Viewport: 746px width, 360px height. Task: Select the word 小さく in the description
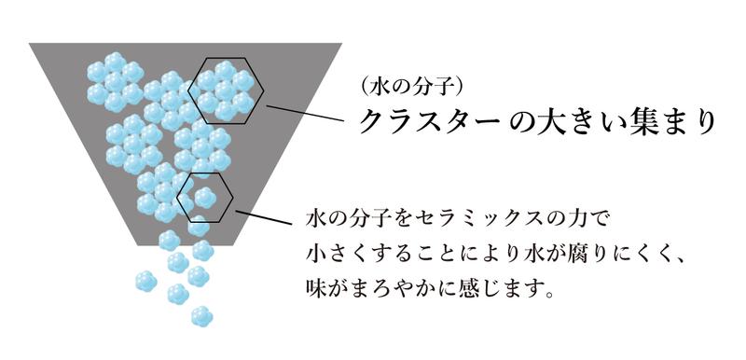(334, 253)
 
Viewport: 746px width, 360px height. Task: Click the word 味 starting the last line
(315, 283)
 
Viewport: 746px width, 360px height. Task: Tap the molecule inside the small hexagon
(204, 197)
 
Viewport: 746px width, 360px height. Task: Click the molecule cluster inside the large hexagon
(226, 90)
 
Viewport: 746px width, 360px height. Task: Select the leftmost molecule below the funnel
(145, 280)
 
